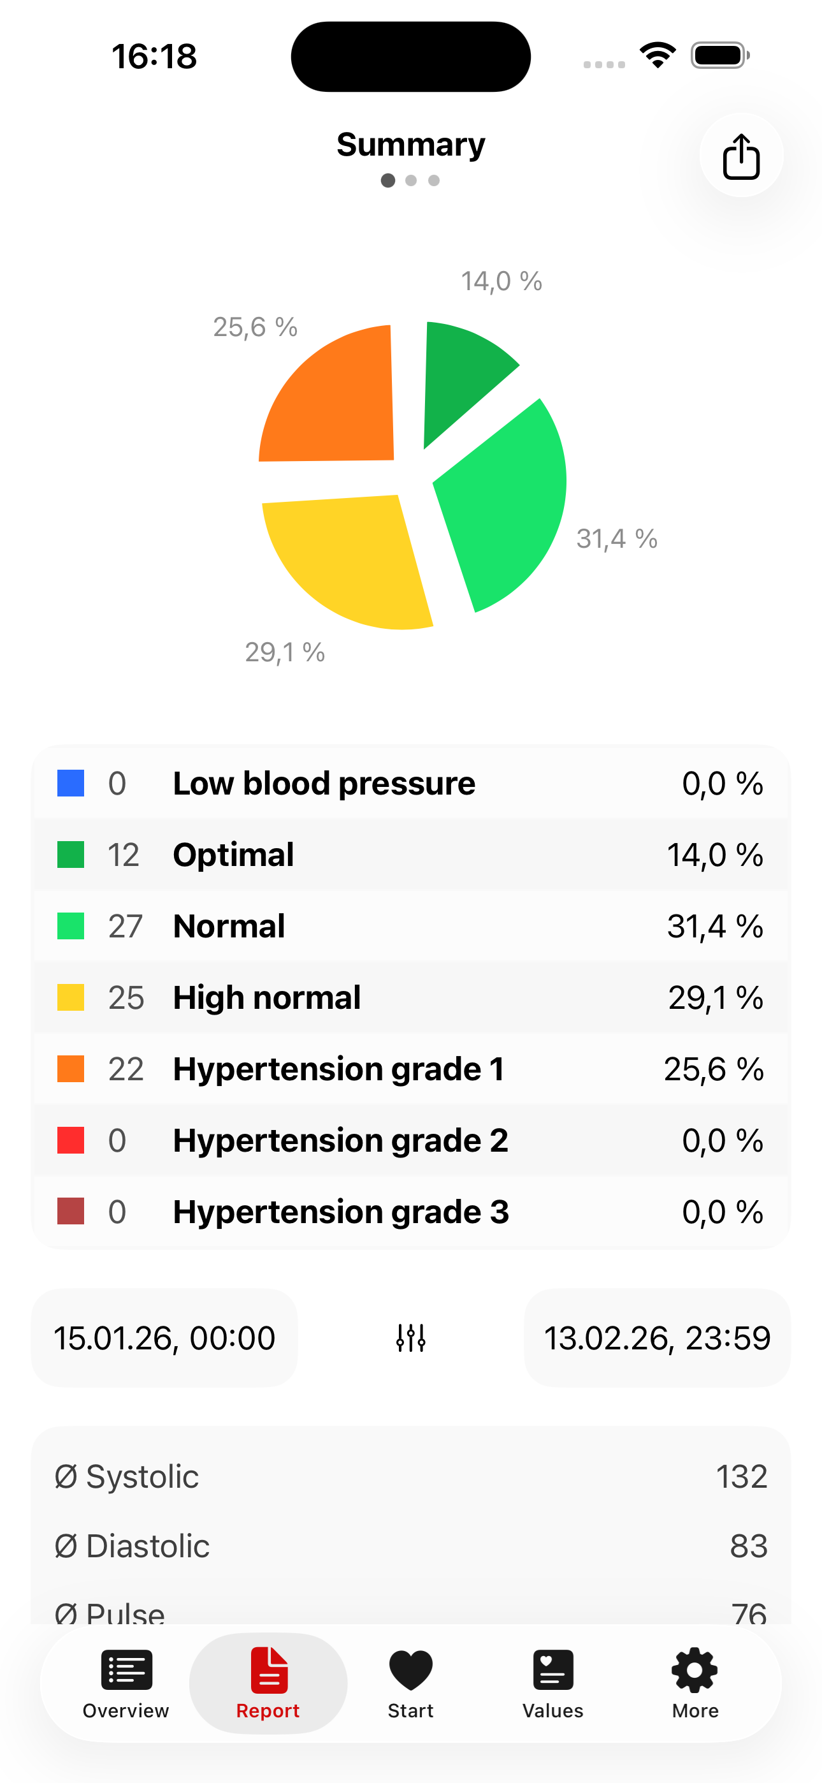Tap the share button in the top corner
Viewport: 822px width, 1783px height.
(x=741, y=155)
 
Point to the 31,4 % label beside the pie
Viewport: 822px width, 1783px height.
(x=617, y=538)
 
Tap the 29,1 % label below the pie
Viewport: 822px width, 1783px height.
(x=284, y=652)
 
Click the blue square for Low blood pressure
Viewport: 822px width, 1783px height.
(x=71, y=784)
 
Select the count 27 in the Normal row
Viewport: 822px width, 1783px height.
(x=126, y=926)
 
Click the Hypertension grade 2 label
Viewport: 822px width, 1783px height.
(x=340, y=1140)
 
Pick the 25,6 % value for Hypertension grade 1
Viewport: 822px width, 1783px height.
(x=714, y=1069)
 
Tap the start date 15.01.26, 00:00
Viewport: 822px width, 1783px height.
(x=164, y=1338)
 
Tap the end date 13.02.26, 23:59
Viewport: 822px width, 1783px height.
(x=656, y=1338)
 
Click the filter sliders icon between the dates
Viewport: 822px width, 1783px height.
(x=411, y=1338)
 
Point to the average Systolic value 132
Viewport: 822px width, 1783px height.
(x=741, y=1476)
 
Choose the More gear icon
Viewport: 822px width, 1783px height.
(x=695, y=1669)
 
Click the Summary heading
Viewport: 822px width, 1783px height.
(x=411, y=145)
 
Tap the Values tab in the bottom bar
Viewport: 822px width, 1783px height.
(x=553, y=1682)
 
